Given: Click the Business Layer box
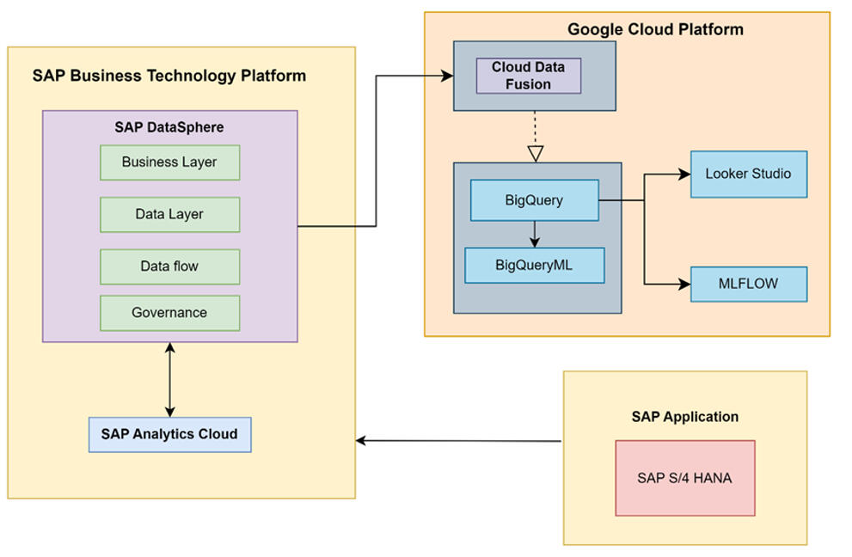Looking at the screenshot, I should (169, 162).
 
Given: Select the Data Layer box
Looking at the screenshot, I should (169, 214).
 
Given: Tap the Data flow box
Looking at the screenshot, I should (169, 266).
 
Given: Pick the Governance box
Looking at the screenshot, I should (169, 313).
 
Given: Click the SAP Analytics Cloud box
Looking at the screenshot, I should (169, 434).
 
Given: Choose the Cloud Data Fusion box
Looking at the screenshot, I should (529, 76).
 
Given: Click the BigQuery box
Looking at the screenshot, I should (534, 200).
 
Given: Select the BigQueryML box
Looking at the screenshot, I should (534, 265).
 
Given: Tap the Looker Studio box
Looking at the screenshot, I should (748, 174).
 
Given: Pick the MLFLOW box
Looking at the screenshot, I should (748, 284).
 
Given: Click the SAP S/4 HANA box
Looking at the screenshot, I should (684, 478).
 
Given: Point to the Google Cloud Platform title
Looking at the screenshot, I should (655, 29).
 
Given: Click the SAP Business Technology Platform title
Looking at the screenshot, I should (169, 76).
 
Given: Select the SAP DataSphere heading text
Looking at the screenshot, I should (169, 127).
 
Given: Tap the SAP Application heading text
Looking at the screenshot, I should (684, 417).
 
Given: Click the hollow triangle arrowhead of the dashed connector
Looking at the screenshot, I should (536, 154).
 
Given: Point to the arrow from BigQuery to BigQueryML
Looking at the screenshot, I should (535, 234).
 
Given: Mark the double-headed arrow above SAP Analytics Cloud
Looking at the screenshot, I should (170, 379).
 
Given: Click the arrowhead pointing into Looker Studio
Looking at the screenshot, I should (685, 174).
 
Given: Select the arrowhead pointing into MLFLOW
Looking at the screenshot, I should (685, 284).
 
